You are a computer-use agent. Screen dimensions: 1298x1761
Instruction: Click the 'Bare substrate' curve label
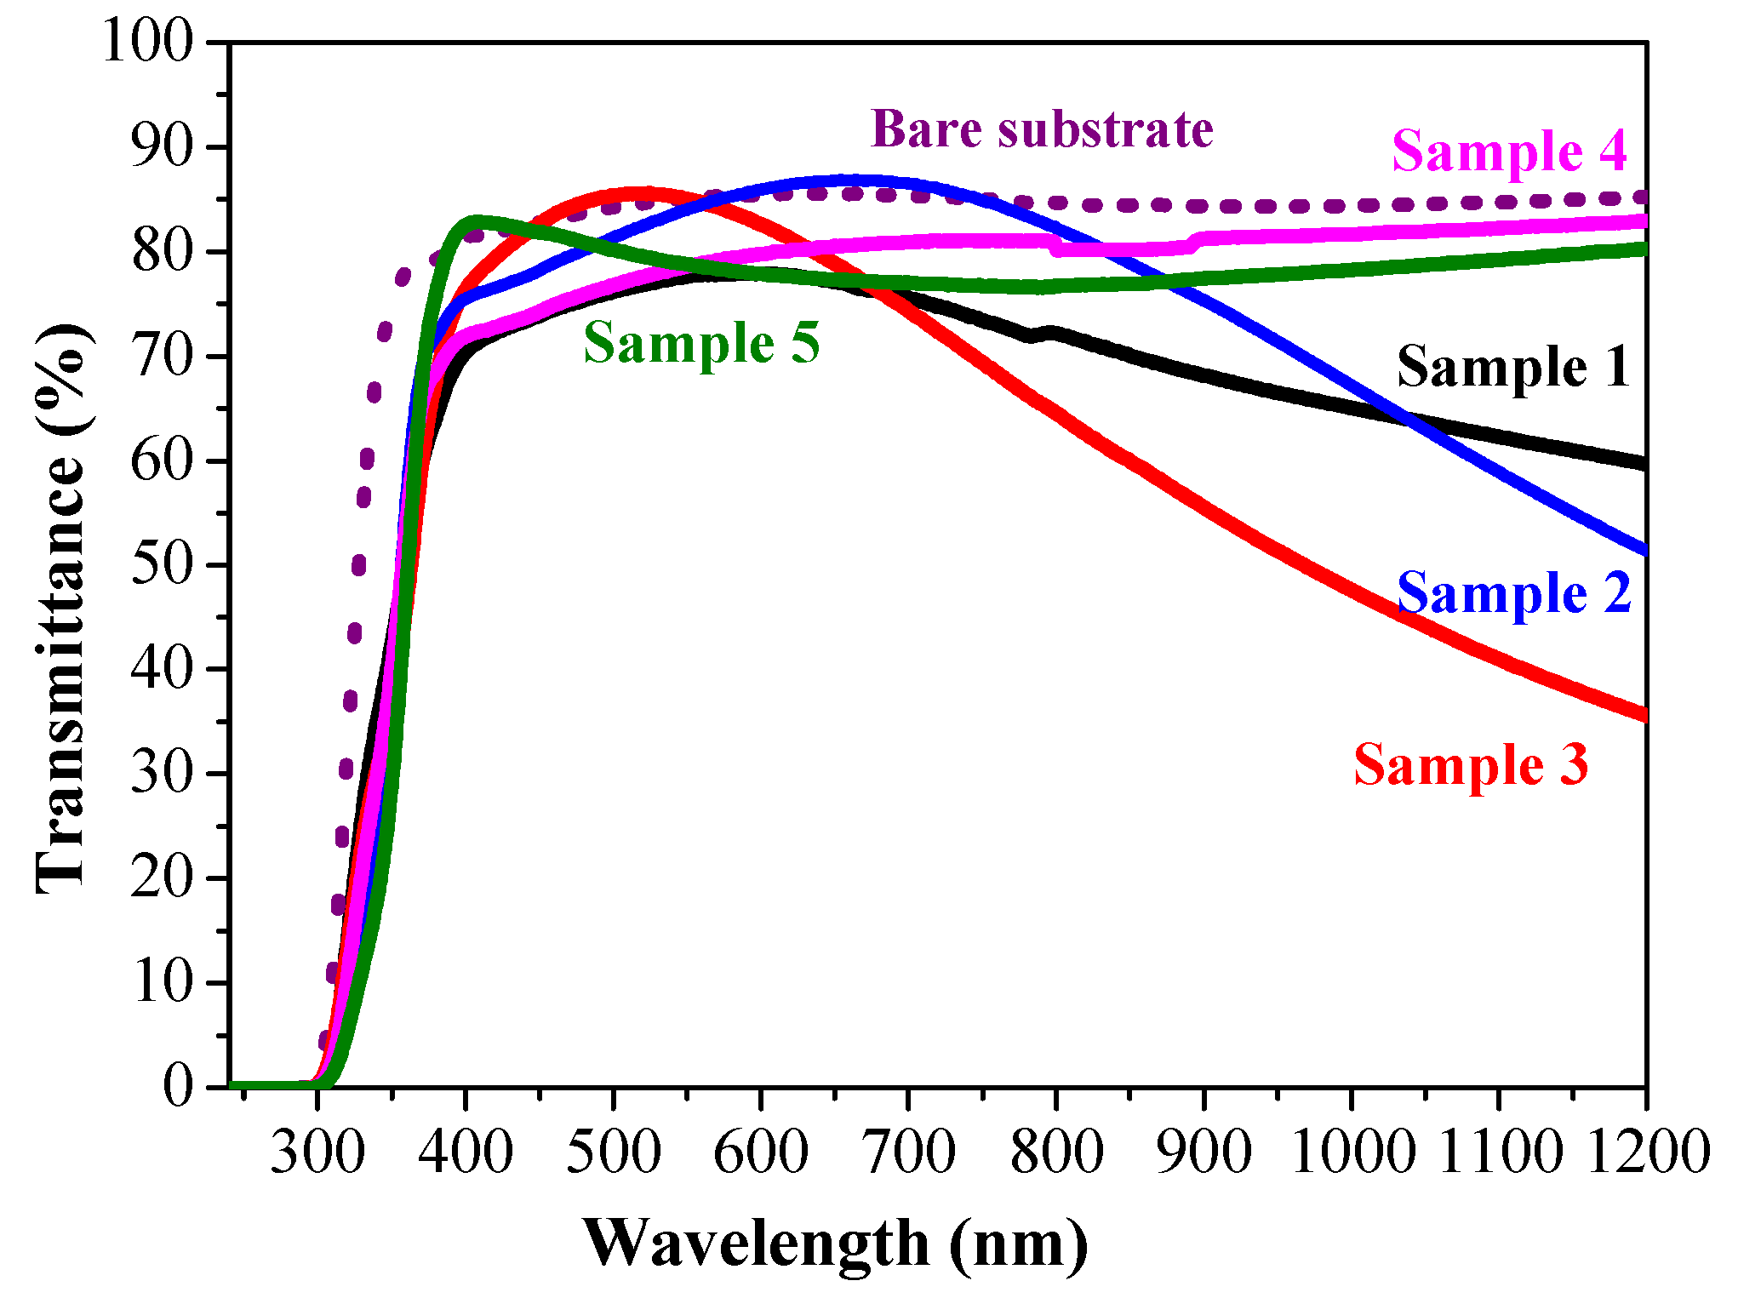point(1042,129)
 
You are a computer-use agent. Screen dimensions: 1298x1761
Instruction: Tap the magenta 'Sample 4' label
point(1508,151)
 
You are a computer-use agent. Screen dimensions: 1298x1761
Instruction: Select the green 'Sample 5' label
point(701,343)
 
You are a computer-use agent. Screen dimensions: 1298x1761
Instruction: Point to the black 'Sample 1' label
point(1512,367)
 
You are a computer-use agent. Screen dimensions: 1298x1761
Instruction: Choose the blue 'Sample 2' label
point(1513,592)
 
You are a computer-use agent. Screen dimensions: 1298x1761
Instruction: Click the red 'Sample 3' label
point(1470,764)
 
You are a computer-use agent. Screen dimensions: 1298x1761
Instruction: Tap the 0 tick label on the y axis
point(178,1087)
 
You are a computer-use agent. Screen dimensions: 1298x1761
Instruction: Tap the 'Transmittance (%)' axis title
point(61,609)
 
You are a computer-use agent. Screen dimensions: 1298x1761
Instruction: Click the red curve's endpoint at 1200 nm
point(1644,715)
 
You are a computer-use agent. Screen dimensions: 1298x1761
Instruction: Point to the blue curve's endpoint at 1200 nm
point(1644,551)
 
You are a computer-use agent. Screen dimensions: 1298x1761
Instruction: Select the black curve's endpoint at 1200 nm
point(1644,464)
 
